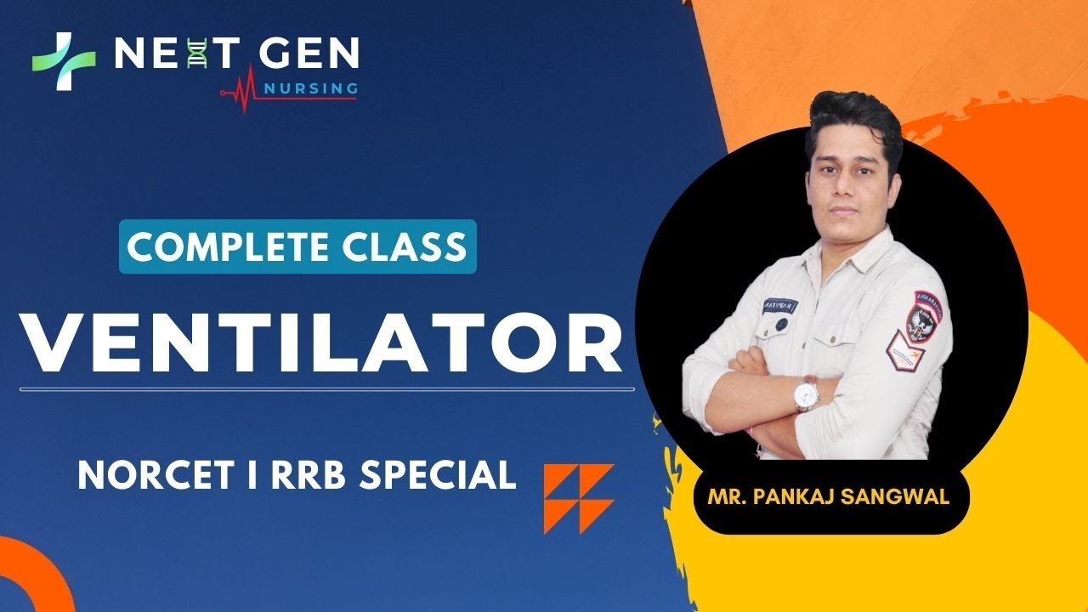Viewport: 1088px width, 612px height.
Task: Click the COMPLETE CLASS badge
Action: (297, 246)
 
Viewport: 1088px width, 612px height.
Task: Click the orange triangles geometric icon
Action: (579, 498)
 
